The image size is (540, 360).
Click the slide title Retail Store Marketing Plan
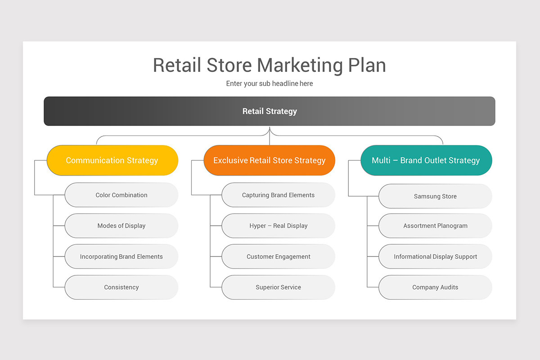[x=269, y=65]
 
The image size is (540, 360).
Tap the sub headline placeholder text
[x=269, y=84]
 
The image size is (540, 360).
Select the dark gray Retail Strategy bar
[x=269, y=111]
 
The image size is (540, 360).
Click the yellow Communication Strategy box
[x=112, y=160]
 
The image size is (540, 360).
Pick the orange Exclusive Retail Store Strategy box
[x=269, y=160]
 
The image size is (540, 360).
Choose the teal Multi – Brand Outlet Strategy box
[x=426, y=160]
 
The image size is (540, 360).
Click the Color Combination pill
[x=121, y=195]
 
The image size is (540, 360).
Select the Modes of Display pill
[x=121, y=225]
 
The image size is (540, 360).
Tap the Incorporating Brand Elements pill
[x=121, y=256]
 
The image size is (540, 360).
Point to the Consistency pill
[x=121, y=287]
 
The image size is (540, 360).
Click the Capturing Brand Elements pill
[x=278, y=195]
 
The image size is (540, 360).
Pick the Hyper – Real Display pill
[x=278, y=225]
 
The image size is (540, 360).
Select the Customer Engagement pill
[x=278, y=256]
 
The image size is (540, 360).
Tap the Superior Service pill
[x=278, y=287]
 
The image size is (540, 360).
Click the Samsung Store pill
[x=435, y=196]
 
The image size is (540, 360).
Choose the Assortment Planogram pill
[x=435, y=225]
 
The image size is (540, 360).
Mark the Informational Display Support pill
[x=435, y=256]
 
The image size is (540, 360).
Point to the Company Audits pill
[x=435, y=287]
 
